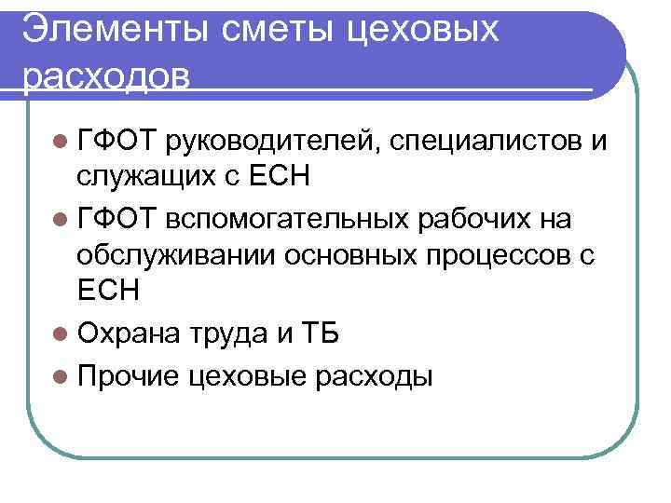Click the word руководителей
tap(271, 141)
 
